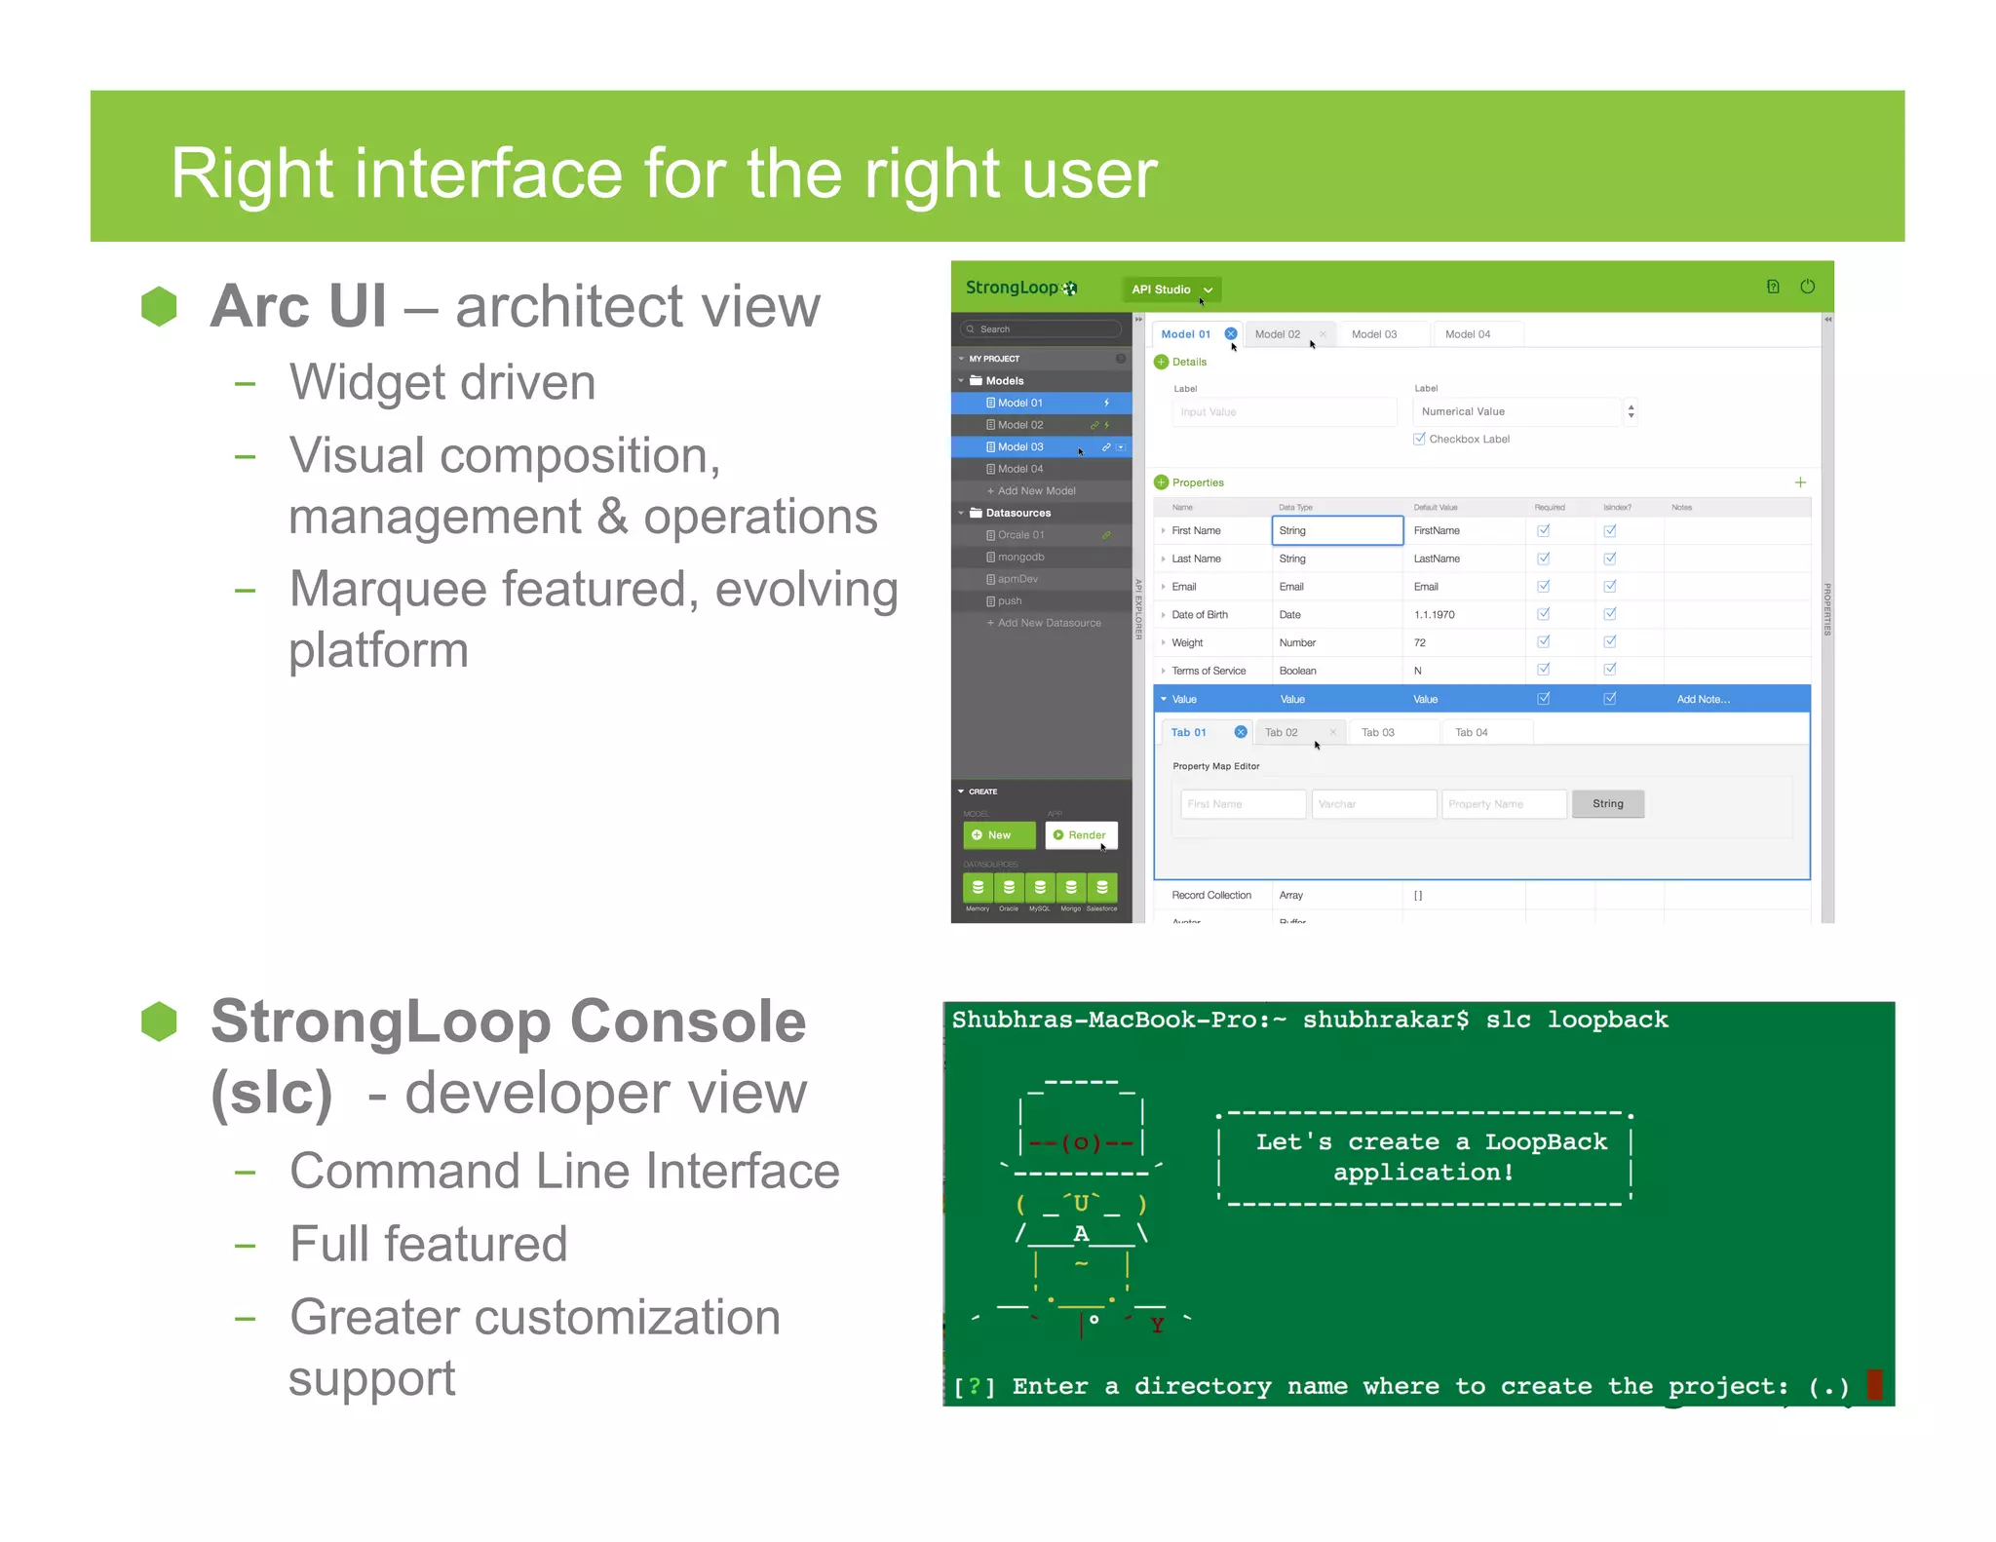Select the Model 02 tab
1277,334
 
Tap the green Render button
1081,835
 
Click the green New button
998,835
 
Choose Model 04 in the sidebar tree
1019,469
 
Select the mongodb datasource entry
1020,558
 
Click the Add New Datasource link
1049,623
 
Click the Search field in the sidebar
1041,329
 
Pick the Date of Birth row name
1200,615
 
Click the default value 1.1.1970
1434,615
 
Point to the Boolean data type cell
1297,671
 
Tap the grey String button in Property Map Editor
1607,804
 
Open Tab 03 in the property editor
1377,733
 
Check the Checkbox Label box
1419,440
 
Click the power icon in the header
1807,287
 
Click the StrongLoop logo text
1012,288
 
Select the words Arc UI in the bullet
298,306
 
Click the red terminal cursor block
1873,1385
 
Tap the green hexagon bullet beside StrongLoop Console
159,1022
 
